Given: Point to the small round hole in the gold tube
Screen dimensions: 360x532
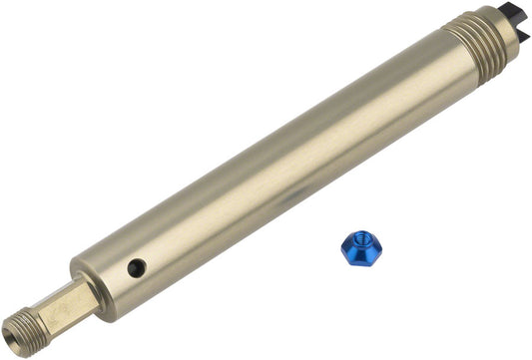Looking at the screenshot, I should coord(137,267).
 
